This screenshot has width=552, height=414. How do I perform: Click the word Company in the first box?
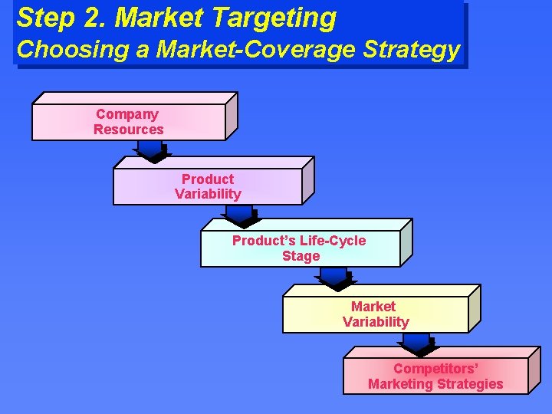pyautogui.click(x=127, y=114)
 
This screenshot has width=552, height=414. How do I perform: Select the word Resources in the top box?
pyautogui.click(x=128, y=130)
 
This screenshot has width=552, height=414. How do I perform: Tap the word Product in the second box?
pyautogui.click(x=208, y=179)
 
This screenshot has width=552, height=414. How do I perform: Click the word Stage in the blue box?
pyautogui.click(x=301, y=256)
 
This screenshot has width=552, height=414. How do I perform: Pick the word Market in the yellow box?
pyautogui.click(x=373, y=307)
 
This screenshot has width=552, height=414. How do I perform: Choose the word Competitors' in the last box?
pyautogui.click(x=435, y=369)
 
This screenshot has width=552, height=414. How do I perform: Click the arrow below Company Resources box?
pyautogui.click(x=153, y=152)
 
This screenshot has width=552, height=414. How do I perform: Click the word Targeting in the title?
pyautogui.click(x=278, y=17)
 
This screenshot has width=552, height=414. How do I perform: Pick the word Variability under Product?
pyautogui.click(x=208, y=195)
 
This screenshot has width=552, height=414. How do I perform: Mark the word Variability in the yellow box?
pyautogui.click(x=376, y=322)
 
